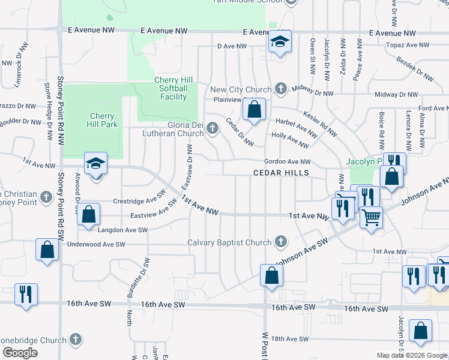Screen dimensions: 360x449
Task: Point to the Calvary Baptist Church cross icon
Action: pyautogui.click(x=280, y=242)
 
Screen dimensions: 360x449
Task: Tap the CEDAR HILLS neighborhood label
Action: pyautogui.click(x=280, y=173)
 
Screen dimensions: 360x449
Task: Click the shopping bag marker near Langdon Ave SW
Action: pyautogui.click(x=88, y=214)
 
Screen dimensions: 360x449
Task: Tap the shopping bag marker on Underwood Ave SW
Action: pyautogui.click(x=47, y=249)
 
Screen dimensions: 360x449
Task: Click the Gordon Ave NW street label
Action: pyautogui.click(x=288, y=162)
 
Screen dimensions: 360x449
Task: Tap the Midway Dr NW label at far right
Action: pyautogui.click(x=396, y=95)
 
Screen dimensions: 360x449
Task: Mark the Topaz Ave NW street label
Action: pyautogui.click(x=408, y=45)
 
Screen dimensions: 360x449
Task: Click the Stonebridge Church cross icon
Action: pyautogui.click(x=75, y=340)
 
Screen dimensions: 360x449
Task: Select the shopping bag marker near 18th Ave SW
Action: pyautogui.click(x=420, y=330)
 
